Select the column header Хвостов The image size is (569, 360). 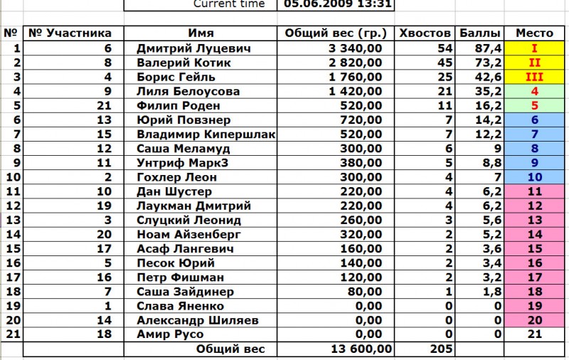[x=425, y=33]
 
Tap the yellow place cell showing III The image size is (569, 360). [x=534, y=77]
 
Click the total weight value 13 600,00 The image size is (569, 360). [x=361, y=349]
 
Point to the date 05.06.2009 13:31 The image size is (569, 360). [x=337, y=4]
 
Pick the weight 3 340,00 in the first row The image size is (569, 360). [x=356, y=48]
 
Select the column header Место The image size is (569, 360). [x=534, y=33]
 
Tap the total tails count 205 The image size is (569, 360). [x=442, y=349]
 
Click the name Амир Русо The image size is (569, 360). [x=170, y=334]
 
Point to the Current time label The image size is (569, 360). [x=229, y=4]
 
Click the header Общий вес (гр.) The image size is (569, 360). [x=336, y=33]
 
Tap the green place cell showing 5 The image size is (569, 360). [x=534, y=105]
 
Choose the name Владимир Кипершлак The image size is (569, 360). [x=206, y=134]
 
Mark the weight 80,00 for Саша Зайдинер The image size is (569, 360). [x=365, y=292]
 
